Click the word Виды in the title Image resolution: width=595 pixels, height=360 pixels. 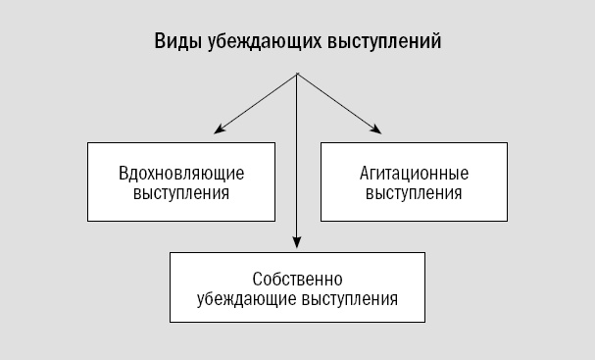point(174,43)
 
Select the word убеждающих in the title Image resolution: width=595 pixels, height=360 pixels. point(255,43)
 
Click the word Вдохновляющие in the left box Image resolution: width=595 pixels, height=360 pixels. point(180,174)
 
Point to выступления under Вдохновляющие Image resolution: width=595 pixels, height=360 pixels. point(180,192)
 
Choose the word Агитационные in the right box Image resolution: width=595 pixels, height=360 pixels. point(414,174)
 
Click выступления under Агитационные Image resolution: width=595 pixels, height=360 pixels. point(414,192)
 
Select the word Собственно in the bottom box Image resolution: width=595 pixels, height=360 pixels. point(297,279)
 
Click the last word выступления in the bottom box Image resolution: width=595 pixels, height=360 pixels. point(349,298)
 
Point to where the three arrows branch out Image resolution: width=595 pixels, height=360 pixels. point(297,76)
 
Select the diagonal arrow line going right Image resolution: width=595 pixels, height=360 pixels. point(335,102)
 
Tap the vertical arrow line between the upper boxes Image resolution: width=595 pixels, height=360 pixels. point(297,167)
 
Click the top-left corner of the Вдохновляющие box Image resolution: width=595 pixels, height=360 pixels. point(88,143)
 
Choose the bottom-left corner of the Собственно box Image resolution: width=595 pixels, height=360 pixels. point(170,323)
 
